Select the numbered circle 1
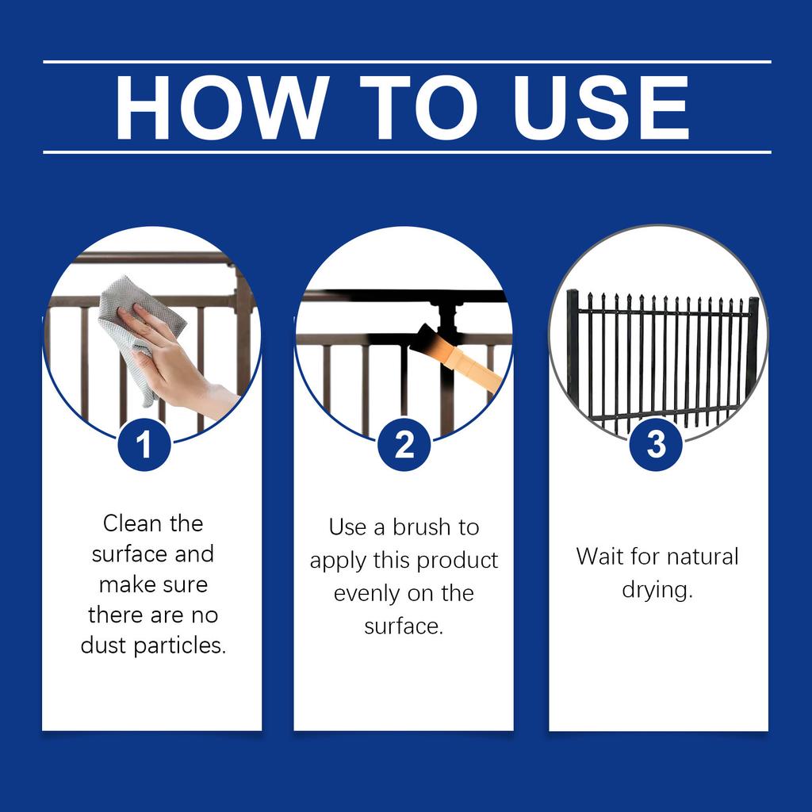coord(144,444)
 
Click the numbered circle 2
coord(404,444)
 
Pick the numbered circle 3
coord(656,444)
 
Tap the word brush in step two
coord(422,527)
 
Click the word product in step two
coord(458,561)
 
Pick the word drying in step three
coord(656,590)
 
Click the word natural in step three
coord(703,557)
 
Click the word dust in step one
coord(104,645)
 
